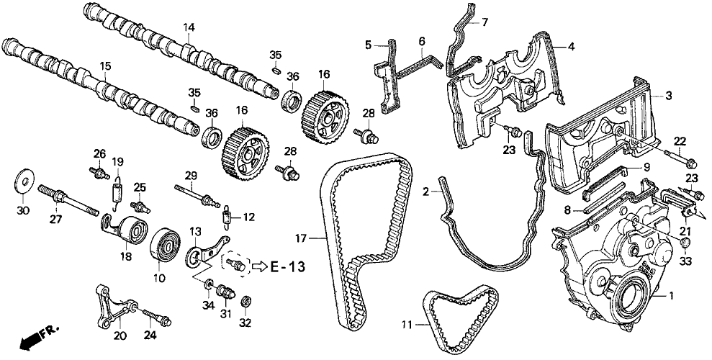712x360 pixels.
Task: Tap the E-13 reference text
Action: tap(288, 267)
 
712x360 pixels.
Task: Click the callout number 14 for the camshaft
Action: tap(189, 28)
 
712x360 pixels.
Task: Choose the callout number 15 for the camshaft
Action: tap(105, 66)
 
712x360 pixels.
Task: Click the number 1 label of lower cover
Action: tap(672, 296)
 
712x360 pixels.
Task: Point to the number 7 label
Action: tap(485, 22)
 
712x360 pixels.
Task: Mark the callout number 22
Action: tap(680, 141)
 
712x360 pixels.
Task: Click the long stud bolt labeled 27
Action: tap(68, 199)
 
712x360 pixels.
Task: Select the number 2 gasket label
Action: tap(425, 192)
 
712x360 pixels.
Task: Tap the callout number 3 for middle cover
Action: tap(668, 96)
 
